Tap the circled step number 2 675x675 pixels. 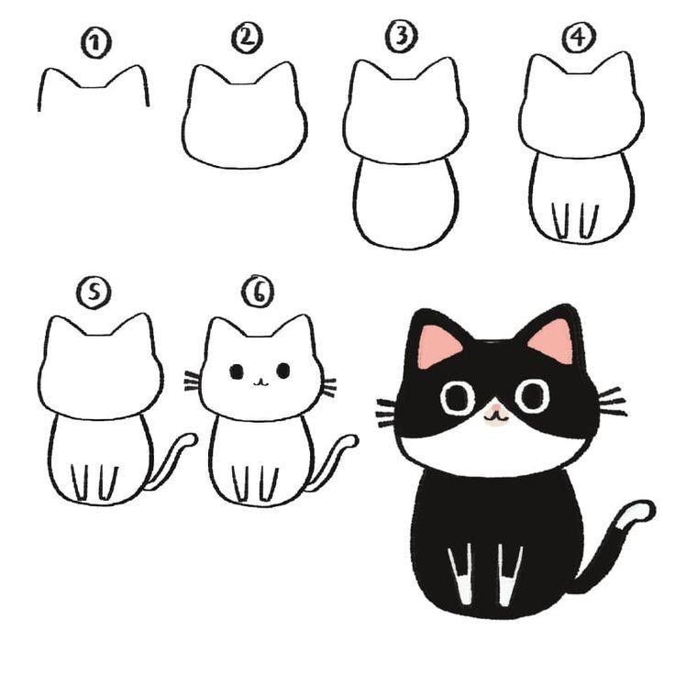coord(248,38)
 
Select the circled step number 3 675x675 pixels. coord(402,37)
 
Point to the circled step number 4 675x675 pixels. coord(576,38)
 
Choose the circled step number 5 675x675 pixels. coord(94,293)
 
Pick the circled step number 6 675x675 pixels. coord(258,292)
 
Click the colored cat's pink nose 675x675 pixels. coord(495,412)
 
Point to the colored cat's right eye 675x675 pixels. coord(531,395)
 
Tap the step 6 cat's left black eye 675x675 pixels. coord(237,371)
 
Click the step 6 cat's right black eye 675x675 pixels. coord(282,371)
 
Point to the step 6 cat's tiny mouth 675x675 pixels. coord(260,381)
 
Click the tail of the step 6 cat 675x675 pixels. coord(335,458)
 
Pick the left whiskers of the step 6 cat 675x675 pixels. coord(192,381)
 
